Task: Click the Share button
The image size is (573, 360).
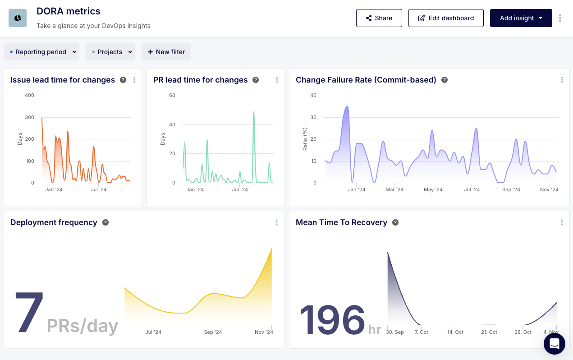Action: [x=379, y=18]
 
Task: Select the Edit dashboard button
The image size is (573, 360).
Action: [x=446, y=18]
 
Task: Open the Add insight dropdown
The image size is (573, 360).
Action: [x=521, y=18]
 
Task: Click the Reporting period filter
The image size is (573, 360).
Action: [x=41, y=52]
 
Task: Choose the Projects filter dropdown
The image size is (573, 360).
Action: [x=110, y=52]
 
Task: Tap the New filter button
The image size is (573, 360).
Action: [x=166, y=52]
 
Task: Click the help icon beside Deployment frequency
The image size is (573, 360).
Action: [x=105, y=222]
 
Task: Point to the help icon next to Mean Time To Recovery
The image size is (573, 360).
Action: [x=395, y=222]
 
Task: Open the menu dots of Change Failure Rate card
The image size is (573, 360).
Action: [x=562, y=80]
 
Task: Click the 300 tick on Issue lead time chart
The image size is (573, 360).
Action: [x=29, y=117]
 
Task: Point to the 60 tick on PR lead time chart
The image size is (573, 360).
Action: [x=172, y=95]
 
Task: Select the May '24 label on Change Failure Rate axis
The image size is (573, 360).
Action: [x=433, y=189]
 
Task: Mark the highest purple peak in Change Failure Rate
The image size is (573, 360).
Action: [x=347, y=106]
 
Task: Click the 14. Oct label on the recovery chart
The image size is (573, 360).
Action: [x=455, y=332]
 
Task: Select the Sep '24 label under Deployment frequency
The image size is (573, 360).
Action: [x=213, y=332]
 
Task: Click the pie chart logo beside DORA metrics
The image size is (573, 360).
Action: [x=18, y=18]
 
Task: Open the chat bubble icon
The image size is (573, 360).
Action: [x=555, y=344]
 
